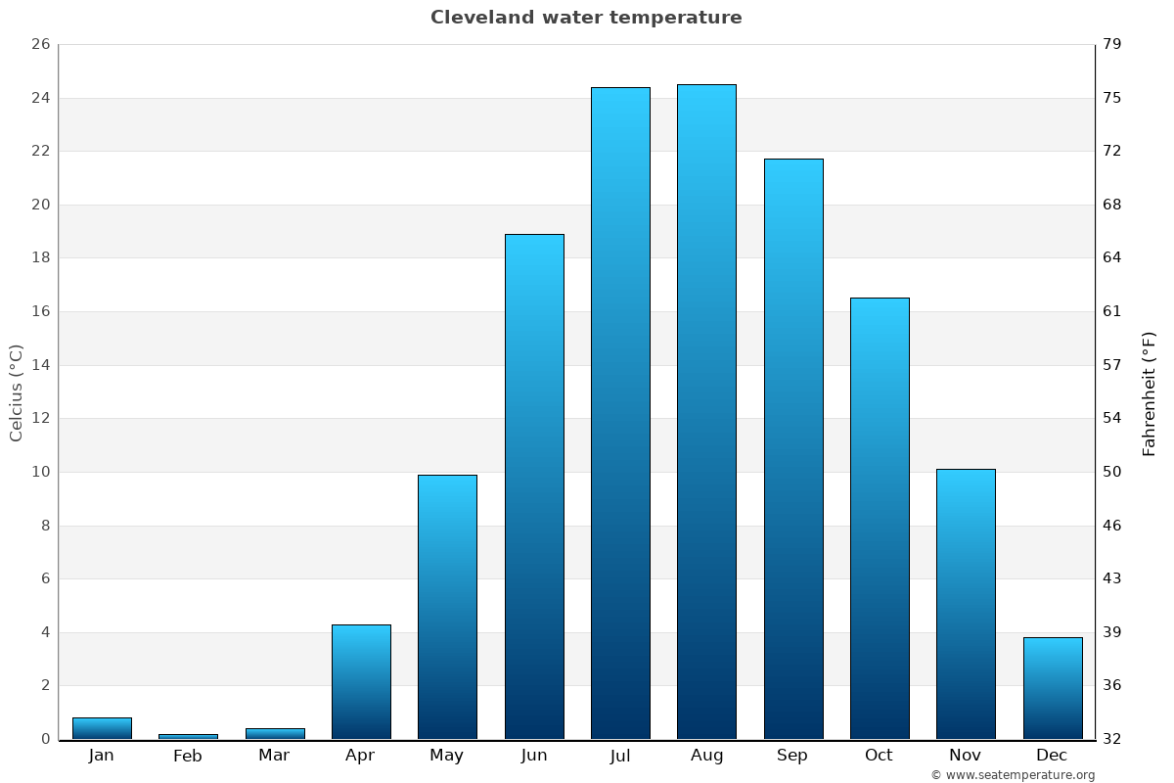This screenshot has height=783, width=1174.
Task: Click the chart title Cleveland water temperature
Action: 586,18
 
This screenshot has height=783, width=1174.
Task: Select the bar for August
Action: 706,411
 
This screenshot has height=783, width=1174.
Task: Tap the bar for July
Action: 620,413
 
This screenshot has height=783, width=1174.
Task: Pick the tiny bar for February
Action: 188,736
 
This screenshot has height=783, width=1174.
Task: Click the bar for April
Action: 361,681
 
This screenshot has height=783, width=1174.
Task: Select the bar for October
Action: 880,518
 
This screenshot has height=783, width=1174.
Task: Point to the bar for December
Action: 1053,688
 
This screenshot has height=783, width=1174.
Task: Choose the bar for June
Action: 534,486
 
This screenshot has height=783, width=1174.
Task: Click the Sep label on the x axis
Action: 792,756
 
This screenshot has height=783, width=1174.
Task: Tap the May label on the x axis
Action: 447,756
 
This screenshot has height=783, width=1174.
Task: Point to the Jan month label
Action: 101,756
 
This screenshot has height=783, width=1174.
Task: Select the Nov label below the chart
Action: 966,756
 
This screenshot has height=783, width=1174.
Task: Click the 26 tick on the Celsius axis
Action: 40,45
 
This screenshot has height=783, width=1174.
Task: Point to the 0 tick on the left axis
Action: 45,739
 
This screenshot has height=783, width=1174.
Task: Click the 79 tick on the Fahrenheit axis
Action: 1112,45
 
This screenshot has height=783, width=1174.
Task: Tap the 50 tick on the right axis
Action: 1112,472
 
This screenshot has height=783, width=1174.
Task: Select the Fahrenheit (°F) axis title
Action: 1150,393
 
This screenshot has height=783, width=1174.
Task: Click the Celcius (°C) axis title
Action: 16,393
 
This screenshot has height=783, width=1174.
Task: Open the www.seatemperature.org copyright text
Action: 1013,775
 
